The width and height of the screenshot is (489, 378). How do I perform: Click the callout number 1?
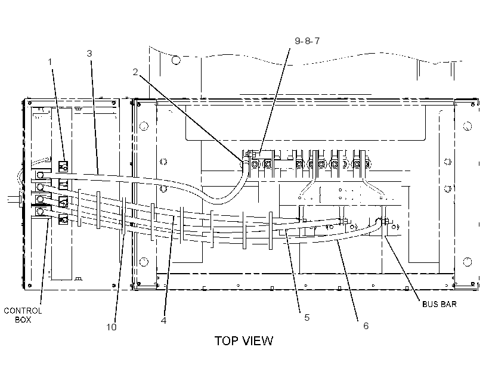click(x=50, y=62)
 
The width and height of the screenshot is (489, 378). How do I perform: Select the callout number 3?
click(x=89, y=54)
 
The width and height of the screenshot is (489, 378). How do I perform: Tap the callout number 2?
click(x=135, y=72)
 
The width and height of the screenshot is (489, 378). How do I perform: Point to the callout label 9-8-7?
click(x=307, y=41)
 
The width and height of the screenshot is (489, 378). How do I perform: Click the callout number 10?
click(x=112, y=327)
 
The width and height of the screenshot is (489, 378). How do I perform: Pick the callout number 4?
click(x=164, y=320)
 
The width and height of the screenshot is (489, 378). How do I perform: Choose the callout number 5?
click(x=307, y=318)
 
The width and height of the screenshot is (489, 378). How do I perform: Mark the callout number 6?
click(x=366, y=326)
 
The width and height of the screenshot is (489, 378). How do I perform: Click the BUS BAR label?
click(x=439, y=304)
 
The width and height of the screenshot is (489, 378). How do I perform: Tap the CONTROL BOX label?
click(x=23, y=315)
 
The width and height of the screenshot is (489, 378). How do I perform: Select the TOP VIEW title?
click(x=243, y=341)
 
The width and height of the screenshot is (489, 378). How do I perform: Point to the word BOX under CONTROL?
click(x=23, y=320)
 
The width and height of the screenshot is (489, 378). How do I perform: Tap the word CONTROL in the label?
click(x=23, y=311)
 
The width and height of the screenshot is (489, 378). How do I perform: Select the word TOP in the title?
click(x=227, y=341)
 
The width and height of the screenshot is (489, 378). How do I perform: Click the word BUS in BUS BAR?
click(x=430, y=304)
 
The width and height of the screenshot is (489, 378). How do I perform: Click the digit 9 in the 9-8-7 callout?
click(x=298, y=41)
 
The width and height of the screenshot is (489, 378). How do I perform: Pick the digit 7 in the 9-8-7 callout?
click(x=317, y=41)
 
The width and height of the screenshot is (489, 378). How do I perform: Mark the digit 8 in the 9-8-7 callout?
click(x=307, y=41)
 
